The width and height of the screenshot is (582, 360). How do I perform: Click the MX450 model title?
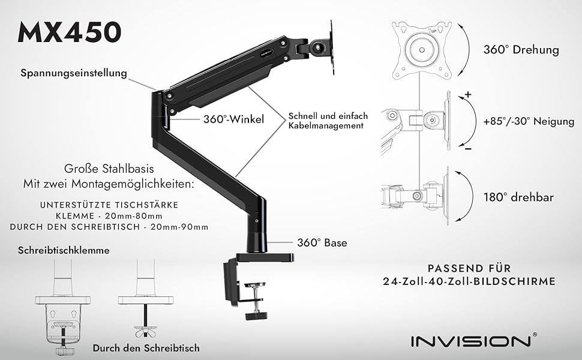(70, 32)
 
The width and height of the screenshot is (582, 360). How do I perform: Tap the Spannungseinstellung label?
(74, 73)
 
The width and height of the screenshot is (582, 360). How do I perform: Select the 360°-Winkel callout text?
(233, 119)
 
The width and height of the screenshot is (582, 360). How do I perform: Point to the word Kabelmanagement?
(326, 126)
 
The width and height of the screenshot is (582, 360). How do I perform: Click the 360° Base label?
(322, 243)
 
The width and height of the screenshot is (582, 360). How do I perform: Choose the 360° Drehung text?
(521, 50)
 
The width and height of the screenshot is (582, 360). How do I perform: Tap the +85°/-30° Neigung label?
(528, 122)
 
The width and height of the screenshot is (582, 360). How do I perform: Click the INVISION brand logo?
(470, 341)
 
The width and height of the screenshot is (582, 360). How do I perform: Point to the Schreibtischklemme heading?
(64, 250)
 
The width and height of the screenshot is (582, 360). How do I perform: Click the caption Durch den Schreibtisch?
(146, 347)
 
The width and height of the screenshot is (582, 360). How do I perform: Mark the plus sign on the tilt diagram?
(468, 95)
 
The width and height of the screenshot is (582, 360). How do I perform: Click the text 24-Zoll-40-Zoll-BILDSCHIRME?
(470, 281)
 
